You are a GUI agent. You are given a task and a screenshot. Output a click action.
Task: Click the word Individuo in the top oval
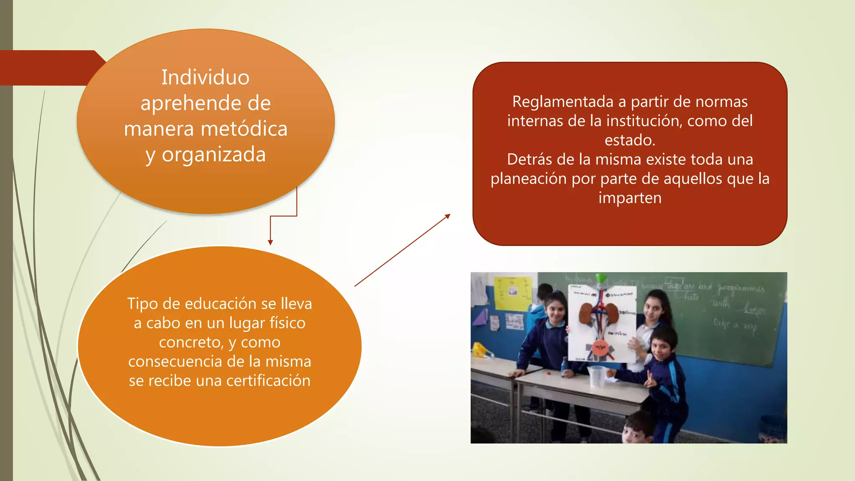point(205,78)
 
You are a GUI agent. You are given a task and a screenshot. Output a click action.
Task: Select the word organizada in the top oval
point(214,154)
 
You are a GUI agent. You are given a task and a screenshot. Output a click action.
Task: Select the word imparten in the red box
point(630,198)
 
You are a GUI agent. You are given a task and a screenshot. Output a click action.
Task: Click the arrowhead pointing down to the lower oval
point(271,243)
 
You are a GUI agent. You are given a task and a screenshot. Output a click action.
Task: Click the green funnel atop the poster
point(602,278)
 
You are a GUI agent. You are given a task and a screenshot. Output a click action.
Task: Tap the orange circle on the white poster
point(600,347)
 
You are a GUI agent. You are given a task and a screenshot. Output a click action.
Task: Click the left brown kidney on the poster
point(586,313)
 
